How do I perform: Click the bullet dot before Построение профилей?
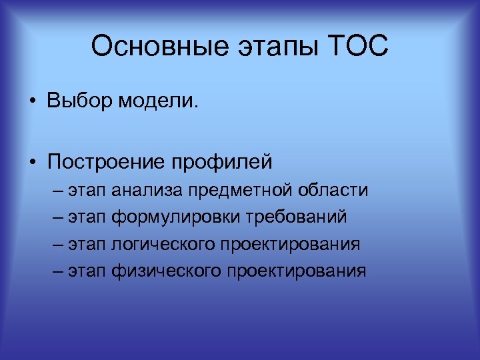point(31,162)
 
